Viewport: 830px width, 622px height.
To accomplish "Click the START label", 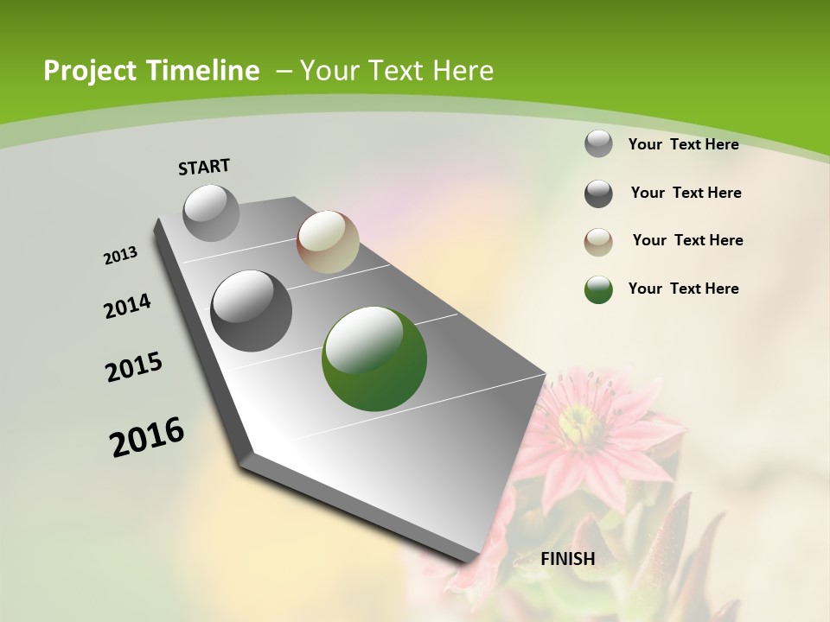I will [x=204, y=167].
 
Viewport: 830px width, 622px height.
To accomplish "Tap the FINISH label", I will [x=568, y=559].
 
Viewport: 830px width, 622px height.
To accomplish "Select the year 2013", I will [x=121, y=256].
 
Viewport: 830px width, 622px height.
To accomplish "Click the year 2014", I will [x=128, y=307].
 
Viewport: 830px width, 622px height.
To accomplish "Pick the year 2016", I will [x=147, y=437].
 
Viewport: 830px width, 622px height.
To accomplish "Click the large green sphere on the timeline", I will [x=374, y=359].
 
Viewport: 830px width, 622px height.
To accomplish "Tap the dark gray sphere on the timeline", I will [x=252, y=311].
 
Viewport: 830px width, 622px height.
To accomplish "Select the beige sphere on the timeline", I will [x=328, y=243].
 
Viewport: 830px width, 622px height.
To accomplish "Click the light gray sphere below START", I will [x=212, y=213].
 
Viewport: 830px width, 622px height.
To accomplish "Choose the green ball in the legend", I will [x=598, y=289].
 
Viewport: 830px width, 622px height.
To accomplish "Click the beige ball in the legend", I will [x=598, y=242].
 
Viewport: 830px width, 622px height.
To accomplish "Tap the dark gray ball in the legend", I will [x=598, y=194].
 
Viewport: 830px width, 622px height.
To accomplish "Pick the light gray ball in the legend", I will [x=598, y=143].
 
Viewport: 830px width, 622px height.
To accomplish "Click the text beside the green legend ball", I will [x=683, y=289].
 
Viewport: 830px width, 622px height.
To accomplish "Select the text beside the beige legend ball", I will [x=687, y=240].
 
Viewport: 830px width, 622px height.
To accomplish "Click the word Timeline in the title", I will [x=203, y=71].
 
